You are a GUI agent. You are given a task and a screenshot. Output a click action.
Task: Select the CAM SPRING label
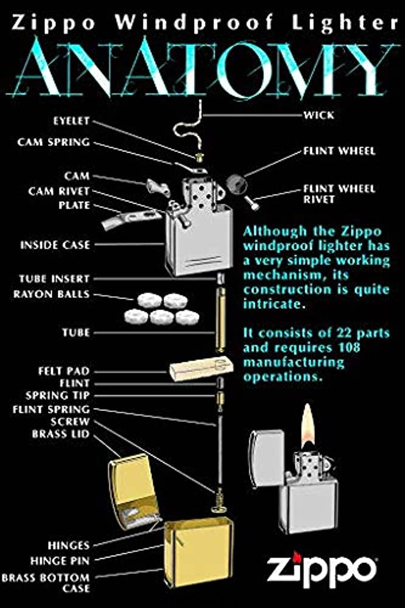54,142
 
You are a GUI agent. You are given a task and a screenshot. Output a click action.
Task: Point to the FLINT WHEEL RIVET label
339,194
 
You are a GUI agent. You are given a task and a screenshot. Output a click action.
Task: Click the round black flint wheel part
236,182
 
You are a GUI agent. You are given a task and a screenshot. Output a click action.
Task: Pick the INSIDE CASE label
55,244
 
